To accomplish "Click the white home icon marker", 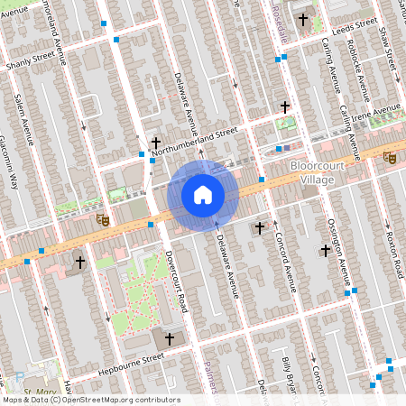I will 202,194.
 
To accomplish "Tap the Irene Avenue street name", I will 375,114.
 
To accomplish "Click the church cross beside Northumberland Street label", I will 156,143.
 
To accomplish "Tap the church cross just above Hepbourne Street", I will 168,338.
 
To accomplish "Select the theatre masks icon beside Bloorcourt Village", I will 389,157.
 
